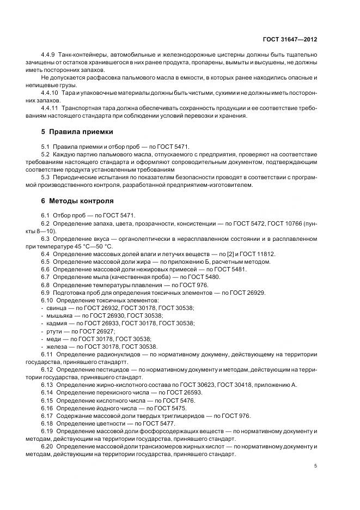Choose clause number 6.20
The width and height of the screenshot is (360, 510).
click(x=48, y=446)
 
